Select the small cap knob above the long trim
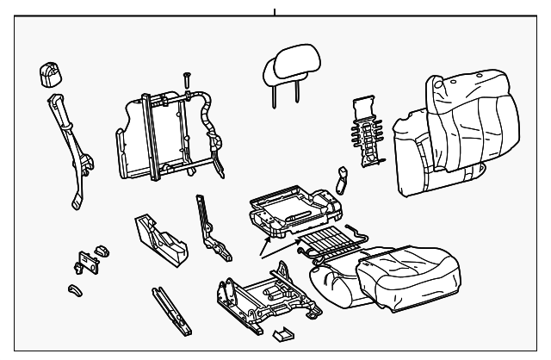coord(47,75)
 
